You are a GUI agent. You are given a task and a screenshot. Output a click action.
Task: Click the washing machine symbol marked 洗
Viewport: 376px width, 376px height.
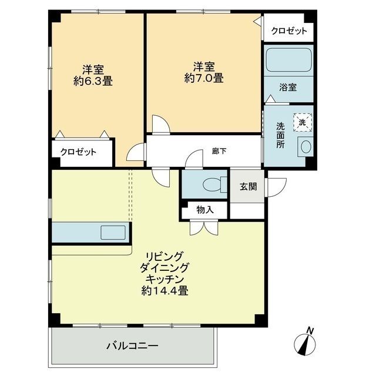pyautogui.click(x=302, y=122)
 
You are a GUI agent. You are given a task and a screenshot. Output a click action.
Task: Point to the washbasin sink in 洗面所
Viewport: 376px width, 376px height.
pyautogui.click(x=304, y=147)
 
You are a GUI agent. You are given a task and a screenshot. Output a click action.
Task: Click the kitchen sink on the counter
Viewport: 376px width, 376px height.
pyautogui.click(x=112, y=232)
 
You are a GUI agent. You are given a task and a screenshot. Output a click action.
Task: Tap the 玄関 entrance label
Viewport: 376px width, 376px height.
pyautogui.click(x=247, y=187)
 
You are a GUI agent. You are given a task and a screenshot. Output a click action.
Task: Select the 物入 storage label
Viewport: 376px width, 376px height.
pyautogui.click(x=204, y=210)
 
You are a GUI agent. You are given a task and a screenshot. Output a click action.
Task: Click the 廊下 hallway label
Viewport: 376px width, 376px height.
pyautogui.click(x=219, y=151)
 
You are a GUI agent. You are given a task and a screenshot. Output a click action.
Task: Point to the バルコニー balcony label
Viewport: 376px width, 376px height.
pyautogui.click(x=132, y=345)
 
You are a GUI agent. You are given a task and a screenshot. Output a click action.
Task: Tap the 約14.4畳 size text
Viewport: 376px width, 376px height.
pyautogui.click(x=164, y=290)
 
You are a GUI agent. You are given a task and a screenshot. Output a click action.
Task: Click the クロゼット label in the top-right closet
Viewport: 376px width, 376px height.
pyautogui.click(x=288, y=31)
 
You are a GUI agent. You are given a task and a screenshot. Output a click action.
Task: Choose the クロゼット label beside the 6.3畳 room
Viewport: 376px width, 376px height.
pyautogui.click(x=78, y=152)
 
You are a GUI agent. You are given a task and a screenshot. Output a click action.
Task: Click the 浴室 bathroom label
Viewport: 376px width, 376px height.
pyautogui.click(x=287, y=88)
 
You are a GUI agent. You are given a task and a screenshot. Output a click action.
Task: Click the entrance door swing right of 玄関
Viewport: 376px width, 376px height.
pyautogui.click(x=276, y=187)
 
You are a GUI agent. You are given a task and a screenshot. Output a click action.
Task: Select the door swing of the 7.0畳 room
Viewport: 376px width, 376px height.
pyautogui.click(x=160, y=125)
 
